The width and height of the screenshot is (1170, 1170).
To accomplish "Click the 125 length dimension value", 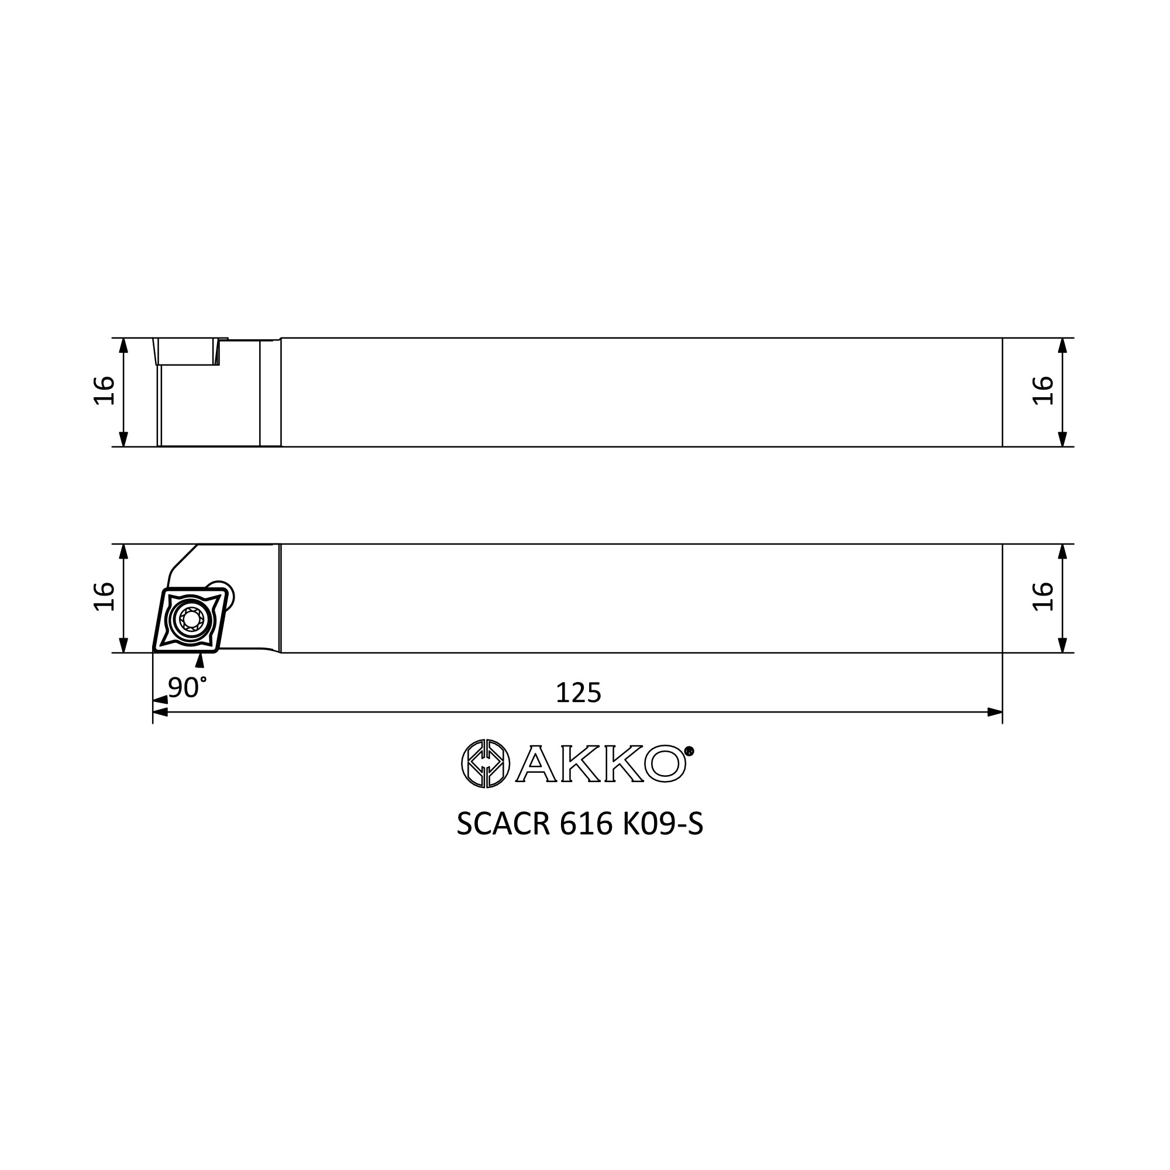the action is click(579, 693).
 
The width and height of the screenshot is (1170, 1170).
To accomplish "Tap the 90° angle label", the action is click(187, 687).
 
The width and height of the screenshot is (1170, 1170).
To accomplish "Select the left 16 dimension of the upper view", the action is click(104, 391).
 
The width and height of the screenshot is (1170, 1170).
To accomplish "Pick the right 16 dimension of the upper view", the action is click(1043, 391).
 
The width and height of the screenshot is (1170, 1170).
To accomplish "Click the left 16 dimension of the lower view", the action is click(104, 597).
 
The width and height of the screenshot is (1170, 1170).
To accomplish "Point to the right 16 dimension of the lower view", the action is click(1043, 597).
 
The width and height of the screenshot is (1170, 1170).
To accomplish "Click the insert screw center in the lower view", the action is click(191, 619).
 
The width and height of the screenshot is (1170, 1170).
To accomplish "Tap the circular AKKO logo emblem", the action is click(485, 763).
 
